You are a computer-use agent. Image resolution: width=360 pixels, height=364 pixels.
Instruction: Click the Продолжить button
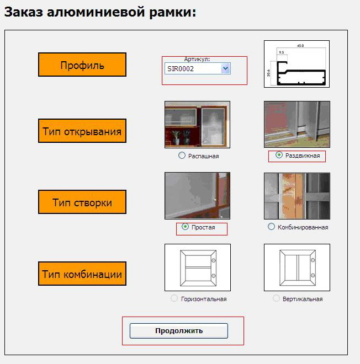click(179, 330)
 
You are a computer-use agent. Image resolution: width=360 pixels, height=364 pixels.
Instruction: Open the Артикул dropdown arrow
click(225, 68)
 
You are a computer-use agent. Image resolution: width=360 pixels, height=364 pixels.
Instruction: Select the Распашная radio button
click(182, 156)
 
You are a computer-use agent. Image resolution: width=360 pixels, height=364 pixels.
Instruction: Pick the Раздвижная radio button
click(279, 155)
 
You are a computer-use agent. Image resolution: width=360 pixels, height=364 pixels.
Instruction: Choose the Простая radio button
click(185, 226)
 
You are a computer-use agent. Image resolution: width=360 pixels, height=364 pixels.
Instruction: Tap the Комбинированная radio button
click(271, 226)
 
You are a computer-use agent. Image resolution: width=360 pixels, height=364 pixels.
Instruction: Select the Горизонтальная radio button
click(174, 298)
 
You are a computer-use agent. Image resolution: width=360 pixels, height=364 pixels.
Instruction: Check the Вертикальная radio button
click(276, 298)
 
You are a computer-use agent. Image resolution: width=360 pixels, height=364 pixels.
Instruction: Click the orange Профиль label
click(82, 65)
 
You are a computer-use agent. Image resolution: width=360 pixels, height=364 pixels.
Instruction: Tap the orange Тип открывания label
click(82, 131)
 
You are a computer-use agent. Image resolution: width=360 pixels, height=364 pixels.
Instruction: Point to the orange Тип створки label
click(82, 202)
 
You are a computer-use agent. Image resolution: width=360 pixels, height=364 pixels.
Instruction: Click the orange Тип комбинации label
click(82, 274)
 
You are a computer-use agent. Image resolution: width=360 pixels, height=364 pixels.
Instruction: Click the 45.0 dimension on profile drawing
click(300, 46)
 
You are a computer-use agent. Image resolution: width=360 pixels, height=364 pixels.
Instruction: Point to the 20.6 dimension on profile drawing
click(269, 73)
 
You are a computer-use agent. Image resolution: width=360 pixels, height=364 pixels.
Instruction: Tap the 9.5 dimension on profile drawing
click(282, 52)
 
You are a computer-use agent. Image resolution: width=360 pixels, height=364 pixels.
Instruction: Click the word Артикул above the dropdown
click(197, 60)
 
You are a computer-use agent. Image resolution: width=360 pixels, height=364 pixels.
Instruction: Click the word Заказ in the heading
click(24, 12)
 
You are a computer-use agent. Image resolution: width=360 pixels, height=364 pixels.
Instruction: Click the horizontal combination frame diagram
click(198, 267)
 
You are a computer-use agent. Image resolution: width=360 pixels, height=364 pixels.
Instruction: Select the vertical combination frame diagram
click(297, 267)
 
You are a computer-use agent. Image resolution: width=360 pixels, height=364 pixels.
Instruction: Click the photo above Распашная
click(197, 125)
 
